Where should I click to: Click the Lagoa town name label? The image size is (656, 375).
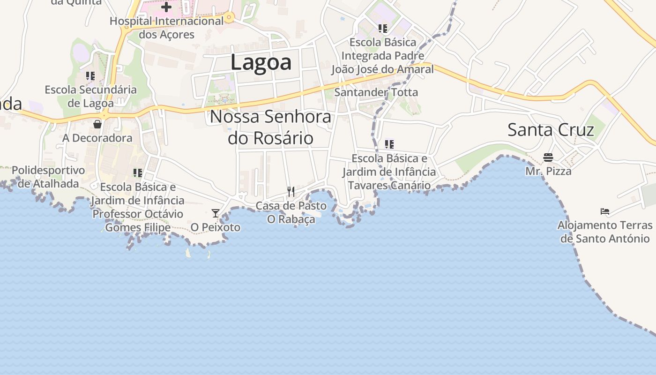coord(261,62)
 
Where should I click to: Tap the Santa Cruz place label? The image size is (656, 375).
coord(551,129)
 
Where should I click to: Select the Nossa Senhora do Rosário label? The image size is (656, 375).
coord(270,127)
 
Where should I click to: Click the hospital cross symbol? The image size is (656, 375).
coord(166,7)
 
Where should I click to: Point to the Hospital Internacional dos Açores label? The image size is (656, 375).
coord(166,28)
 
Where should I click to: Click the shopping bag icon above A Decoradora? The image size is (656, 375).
coord(97,124)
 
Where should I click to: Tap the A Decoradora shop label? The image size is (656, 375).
coord(97,138)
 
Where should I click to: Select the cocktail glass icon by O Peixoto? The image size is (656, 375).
coord(215,213)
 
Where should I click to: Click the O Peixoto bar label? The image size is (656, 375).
coord(215,227)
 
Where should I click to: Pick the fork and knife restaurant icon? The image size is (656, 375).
coord(291,191)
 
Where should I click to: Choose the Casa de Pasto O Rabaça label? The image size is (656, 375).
coord(291,212)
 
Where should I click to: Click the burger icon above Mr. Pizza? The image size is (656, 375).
coord(548,157)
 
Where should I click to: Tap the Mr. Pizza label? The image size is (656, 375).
coord(548,171)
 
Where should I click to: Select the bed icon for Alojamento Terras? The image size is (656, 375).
coord(605,211)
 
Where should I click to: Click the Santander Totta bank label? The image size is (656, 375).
coord(376,92)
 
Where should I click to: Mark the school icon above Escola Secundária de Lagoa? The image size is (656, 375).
coord(90,75)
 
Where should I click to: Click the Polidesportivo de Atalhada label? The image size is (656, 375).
coord(48,177)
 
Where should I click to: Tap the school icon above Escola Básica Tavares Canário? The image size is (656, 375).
coord(389,144)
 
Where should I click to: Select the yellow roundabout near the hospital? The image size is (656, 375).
coord(229,18)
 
